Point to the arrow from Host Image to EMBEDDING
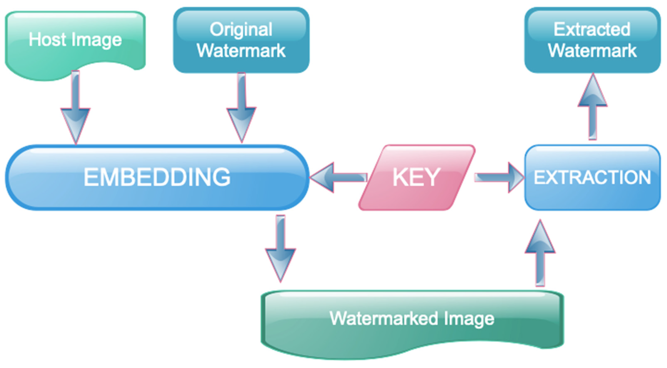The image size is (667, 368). point(75,109)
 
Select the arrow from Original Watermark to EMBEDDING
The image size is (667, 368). point(241,109)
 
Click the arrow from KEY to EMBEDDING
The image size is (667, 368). point(337,178)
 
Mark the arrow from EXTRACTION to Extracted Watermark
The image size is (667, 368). point(592,109)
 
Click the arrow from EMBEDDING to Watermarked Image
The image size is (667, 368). point(281,249)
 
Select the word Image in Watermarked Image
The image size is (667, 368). point(469,319)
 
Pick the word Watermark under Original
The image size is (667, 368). point(241,50)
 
